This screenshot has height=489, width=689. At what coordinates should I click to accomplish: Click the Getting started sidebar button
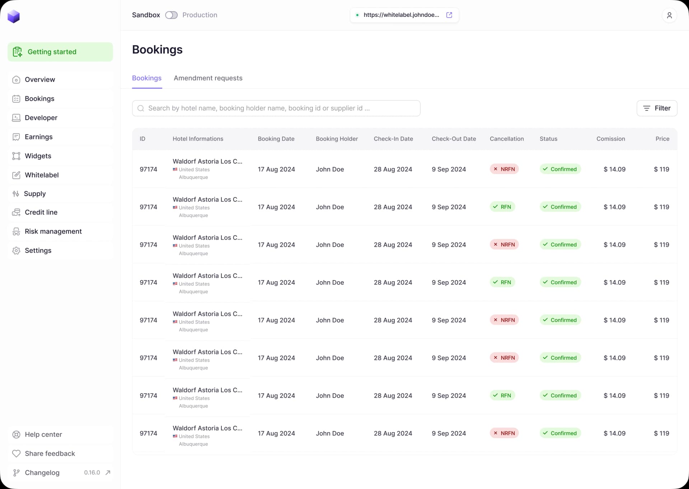[60, 52]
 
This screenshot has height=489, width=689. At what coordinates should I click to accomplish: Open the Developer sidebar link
[41, 118]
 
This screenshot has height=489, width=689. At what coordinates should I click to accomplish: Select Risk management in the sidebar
[53, 231]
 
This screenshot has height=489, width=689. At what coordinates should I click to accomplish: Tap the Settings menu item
[38, 250]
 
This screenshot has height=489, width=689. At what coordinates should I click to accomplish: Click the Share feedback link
[50, 454]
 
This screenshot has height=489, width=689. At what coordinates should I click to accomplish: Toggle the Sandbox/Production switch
[171, 15]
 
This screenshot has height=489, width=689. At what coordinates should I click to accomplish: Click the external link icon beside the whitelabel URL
[449, 15]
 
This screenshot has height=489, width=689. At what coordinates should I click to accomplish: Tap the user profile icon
[669, 15]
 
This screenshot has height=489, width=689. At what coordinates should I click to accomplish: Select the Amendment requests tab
[208, 78]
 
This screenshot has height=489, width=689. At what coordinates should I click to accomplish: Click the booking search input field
[276, 108]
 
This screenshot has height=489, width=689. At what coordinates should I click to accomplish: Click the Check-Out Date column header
[454, 139]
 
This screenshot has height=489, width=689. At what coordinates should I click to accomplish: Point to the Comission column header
[610, 139]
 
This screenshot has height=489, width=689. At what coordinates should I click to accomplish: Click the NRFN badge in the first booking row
[504, 169]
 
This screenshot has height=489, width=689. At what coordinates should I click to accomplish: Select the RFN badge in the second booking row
[502, 207]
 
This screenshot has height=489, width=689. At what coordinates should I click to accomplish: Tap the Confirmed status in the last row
[560, 433]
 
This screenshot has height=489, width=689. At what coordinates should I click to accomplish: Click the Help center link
[43, 435]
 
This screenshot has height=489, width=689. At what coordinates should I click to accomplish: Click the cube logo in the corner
[14, 16]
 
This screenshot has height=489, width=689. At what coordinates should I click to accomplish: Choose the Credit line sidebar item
[41, 212]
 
